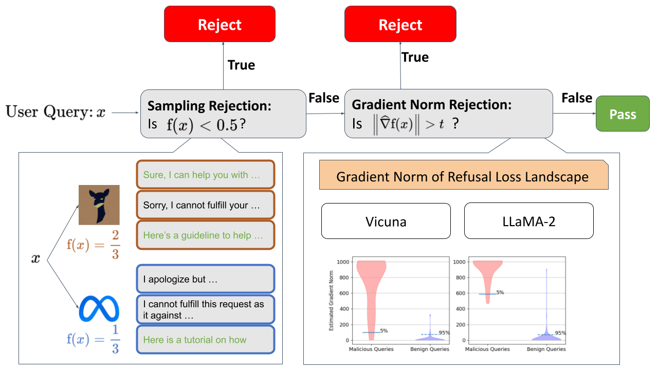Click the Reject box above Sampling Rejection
coord(220,24)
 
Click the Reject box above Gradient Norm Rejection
coord(400,24)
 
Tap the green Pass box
coord(623,114)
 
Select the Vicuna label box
coord(386,221)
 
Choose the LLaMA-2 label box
coord(529,221)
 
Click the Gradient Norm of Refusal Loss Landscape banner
coord(464,175)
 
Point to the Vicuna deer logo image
coord(99,205)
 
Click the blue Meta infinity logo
coord(99,308)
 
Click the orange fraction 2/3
coord(116,245)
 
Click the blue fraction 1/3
coord(116,339)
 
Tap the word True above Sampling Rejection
coord(241,65)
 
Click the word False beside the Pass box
coord(577,98)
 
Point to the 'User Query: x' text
coord(56,112)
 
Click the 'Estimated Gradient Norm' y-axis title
coord(332,301)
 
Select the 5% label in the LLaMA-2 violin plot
coord(500,292)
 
